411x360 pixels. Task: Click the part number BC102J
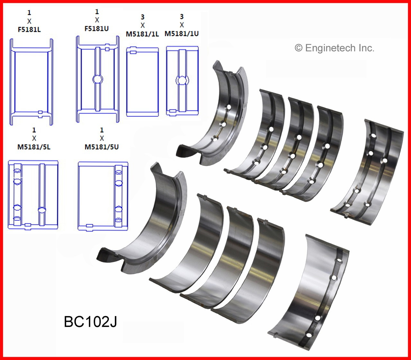point(90,321)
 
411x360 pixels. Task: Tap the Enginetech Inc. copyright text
point(334,48)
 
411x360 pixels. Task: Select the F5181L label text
point(29,30)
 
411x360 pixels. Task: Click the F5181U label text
point(97,29)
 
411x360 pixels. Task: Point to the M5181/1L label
point(142,34)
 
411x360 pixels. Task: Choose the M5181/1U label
point(181,33)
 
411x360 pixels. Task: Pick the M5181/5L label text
point(34,147)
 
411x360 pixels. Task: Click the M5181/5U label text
point(101,147)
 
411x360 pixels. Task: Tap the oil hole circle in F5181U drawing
point(97,79)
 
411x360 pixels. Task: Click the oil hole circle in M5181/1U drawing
point(182,80)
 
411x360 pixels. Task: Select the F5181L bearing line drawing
point(31,82)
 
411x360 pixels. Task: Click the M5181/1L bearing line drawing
point(142,81)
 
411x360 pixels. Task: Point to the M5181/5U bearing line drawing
point(103,196)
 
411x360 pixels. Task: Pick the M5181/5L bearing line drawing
point(33,195)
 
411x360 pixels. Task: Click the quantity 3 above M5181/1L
point(143,17)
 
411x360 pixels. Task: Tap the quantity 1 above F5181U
point(97,12)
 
